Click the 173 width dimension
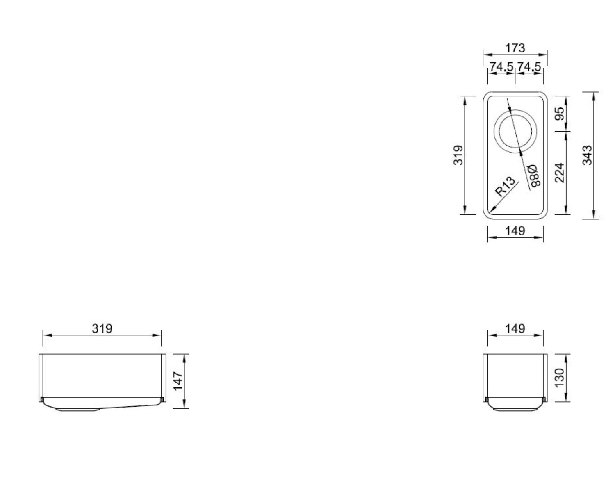[x=515, y=48]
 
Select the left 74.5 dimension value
[x=501, y=66]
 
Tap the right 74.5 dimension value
[x=529, y=66]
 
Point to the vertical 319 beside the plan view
[x=458, y=155]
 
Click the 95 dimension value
[x=560, y=114]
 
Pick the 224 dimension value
[x=560, y=173]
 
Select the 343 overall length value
[x=587, y=155]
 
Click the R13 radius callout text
[x=505, y=186]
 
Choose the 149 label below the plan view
[x=515, y=230]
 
